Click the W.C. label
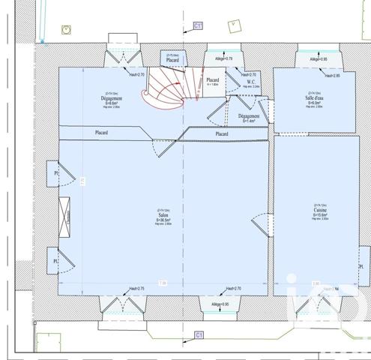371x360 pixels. tap(250, 82)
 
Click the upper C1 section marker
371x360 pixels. tap(198, 25)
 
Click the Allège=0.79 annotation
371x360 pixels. tap(224, 58)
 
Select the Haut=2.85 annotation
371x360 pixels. tap(332, 76)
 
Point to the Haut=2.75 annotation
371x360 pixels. tap(136, 289)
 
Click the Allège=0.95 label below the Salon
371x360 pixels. tap(220, 304)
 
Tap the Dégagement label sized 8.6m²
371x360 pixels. tap(111, 100)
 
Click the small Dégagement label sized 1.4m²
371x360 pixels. tap(248, 118)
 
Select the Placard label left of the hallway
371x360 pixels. tap(102, 133)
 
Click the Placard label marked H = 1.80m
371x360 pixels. tap(212, 81)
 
